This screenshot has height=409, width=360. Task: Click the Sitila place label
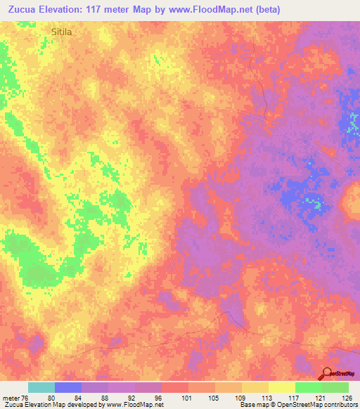(62, 32)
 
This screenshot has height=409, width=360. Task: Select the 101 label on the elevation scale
(188, 398)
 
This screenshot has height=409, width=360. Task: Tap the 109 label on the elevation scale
(241, 398)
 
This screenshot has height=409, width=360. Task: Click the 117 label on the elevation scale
(295, 398)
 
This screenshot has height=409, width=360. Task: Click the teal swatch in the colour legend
(41, 387)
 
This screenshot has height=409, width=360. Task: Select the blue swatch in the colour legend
(68, 387)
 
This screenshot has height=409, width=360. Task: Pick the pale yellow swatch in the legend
(281, 387)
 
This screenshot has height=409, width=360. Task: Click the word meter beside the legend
(11, 398)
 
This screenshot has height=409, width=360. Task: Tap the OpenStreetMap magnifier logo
(327, 373)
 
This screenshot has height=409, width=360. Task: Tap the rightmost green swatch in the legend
(335, 387)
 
